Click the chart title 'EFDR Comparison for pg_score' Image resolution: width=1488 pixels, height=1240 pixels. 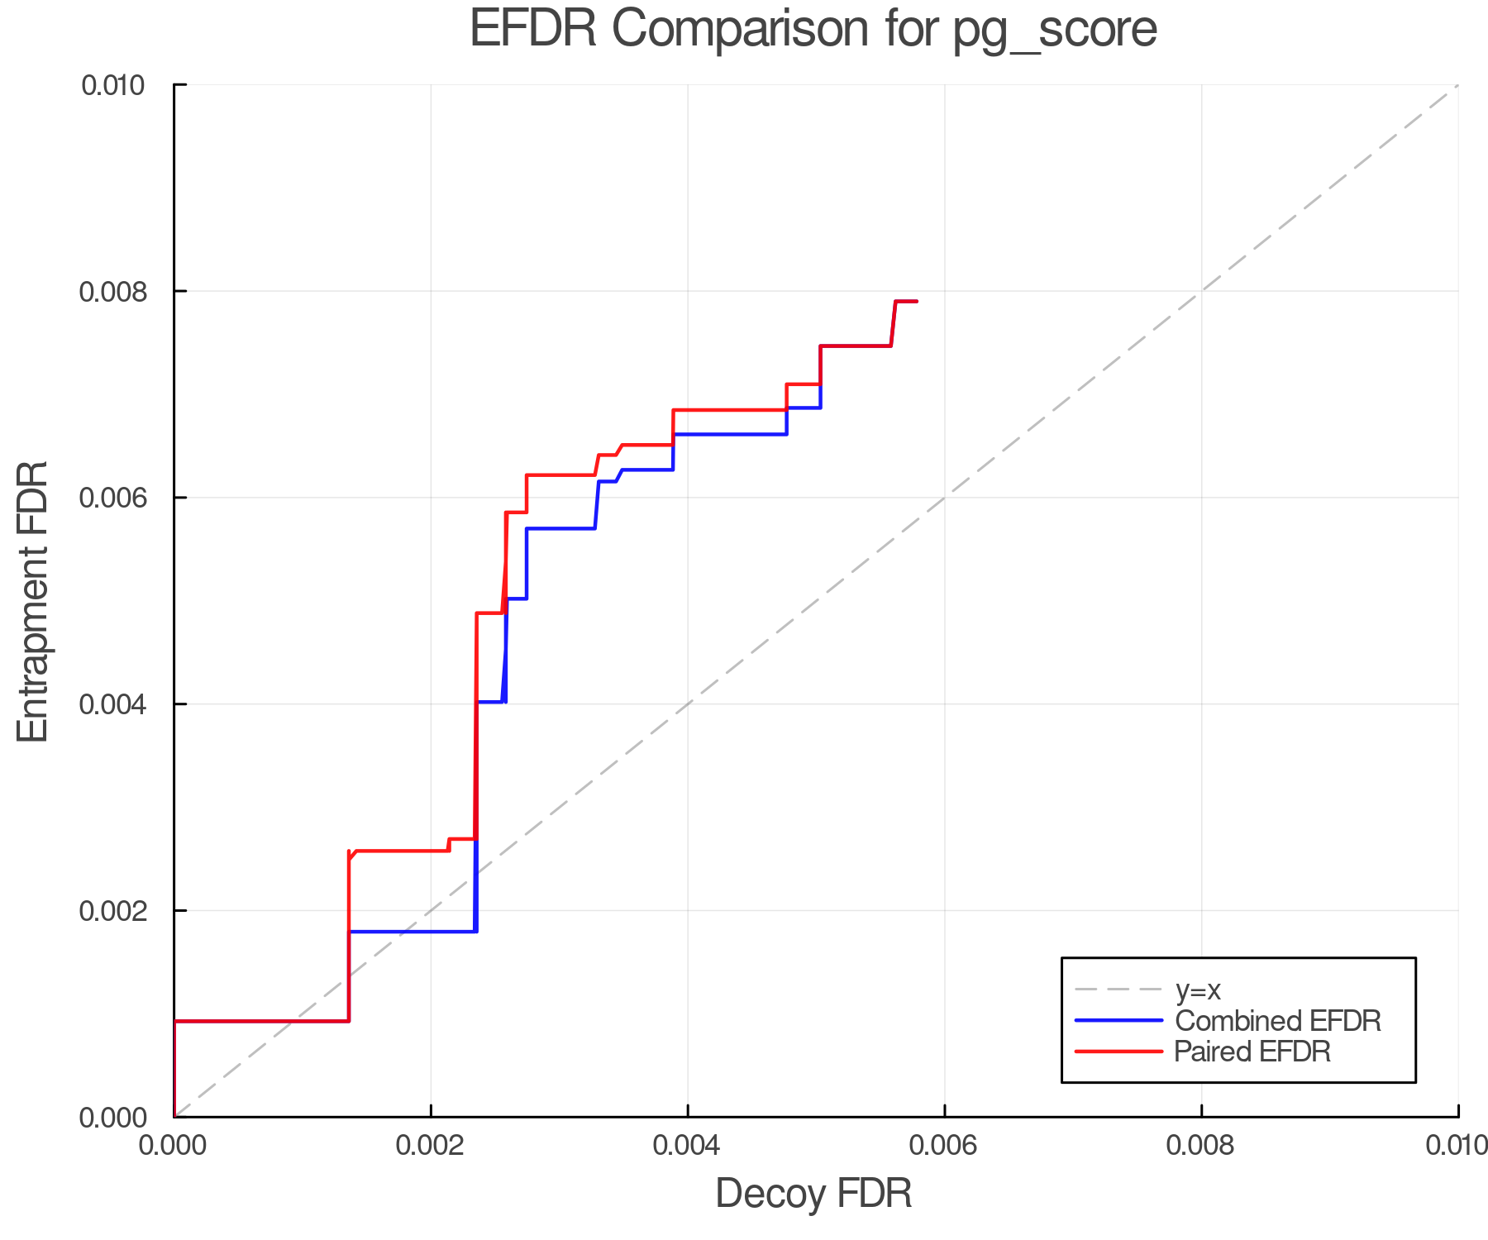(x=813, y=30)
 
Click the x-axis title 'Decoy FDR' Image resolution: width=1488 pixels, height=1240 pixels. (x=813, y=1194)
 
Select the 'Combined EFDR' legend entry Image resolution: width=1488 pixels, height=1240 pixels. (x=1277, y=1021)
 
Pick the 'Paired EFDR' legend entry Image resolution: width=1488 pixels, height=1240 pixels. (x=1252, y=1052)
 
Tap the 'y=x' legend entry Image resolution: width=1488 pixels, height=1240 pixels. (x=1198, y=990)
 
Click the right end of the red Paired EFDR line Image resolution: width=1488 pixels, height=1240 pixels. (x=917, y=302)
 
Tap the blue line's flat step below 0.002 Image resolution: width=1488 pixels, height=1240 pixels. (x=413, y=932)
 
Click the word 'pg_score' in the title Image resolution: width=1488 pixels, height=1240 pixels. (x=1055, y=30)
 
